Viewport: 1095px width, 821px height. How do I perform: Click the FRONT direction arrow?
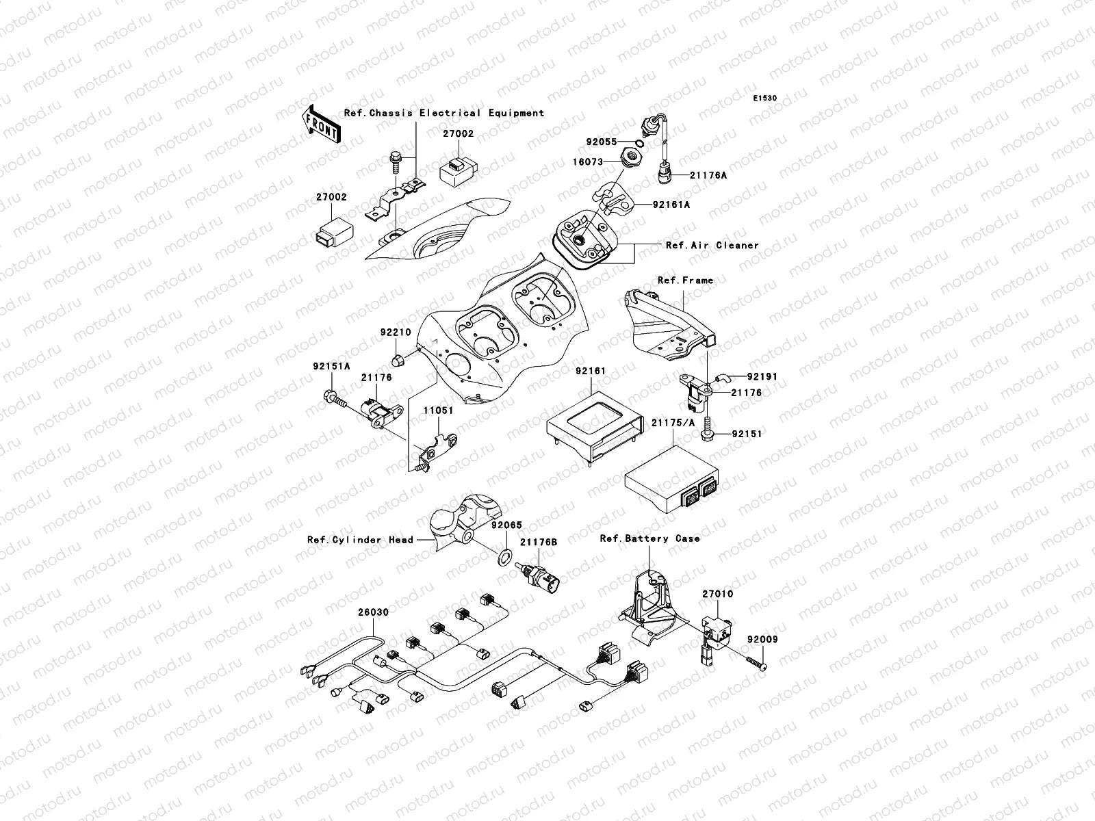321,124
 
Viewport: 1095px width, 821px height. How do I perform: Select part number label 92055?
601,142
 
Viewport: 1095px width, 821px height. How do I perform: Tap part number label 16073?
588,161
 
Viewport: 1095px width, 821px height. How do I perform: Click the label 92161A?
671,205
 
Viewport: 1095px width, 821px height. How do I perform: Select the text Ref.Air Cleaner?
712,245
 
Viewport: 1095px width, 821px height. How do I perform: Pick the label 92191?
762,377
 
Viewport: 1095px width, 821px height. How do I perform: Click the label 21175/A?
673,423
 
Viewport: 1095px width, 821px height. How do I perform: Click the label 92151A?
332,367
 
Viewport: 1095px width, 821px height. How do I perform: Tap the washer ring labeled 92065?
504,555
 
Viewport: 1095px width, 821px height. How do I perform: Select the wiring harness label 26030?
374,612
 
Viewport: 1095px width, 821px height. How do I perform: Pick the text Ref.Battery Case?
649,538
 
